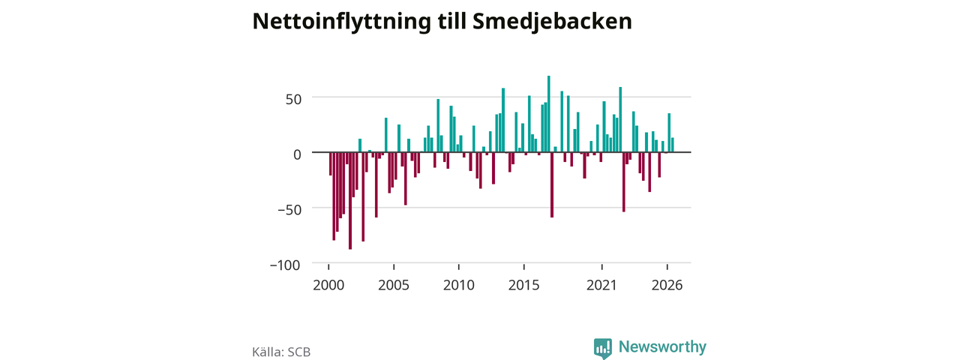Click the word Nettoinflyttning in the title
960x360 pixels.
pyautogui.click(x=341, y=22)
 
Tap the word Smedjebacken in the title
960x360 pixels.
pyautogui.click(x=552, y=22)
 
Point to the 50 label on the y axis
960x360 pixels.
pyautogui.click(x=293, y=99)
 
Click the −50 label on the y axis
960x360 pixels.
pyautogui.click(x=289, y=209)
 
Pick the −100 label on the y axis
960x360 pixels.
pyautogui.click(x=285, y=265)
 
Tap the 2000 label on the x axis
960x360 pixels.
pyautogui.click(x=328, y=285)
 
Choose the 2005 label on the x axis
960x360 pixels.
pyautogui.click(x=394, y=285)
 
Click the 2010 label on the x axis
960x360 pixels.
pyautogui.click(x=459, y=285)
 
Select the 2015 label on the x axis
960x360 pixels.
pyautogui.click(x=523, y=285)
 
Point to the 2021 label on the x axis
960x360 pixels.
pyautogui.click(x=601, y=285)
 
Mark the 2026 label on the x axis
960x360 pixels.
pyautogui.click(x=667, y=285)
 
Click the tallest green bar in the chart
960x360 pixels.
pyautogui.click(x=548, y=114)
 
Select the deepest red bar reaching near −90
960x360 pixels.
pyautogui.click(x=350, y=200)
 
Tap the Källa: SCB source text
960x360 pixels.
pyautogui.click(x=281, y=352)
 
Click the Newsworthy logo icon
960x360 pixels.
pyautogui.click(x=602, y=348)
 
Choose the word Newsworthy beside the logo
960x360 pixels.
pyautogui.click(x=662, y=346)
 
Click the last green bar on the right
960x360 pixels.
pyautogui.click(x=673, y=145)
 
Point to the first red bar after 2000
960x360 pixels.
pyautogui.click(x=331, y=163)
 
